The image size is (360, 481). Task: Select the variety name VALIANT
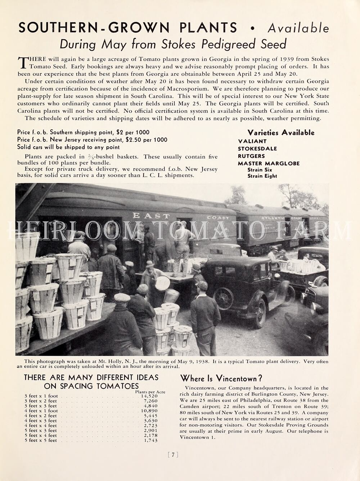point(252,141)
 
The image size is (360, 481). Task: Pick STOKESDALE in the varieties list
point(257,149)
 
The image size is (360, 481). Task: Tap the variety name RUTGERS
point(251,156)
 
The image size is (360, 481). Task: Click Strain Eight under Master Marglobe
point(262,176)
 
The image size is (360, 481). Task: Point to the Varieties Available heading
point(281,133)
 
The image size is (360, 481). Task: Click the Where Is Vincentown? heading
point(221,378)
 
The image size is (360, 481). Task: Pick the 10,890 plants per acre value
point(149,411)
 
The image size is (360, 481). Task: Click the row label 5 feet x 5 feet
point(41,440)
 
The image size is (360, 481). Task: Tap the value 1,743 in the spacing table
point(150,440)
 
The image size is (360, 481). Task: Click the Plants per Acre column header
point(150,392)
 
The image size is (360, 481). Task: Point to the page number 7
point(173,455)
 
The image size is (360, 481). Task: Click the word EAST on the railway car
point(151,216)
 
